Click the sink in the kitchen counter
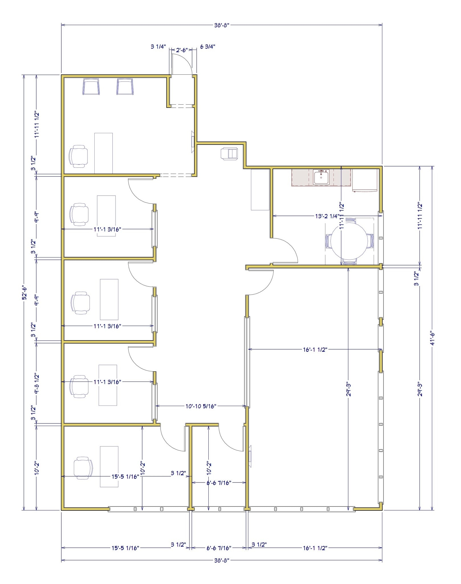321,177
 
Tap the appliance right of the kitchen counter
365,180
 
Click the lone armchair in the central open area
229,154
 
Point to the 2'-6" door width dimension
182,50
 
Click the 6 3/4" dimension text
208,47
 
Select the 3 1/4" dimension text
158,47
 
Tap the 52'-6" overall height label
25,293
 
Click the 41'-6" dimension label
432,338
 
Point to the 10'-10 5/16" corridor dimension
201,406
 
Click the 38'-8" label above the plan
222,25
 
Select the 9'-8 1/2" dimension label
36,384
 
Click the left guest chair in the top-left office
91,87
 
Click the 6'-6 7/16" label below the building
219,548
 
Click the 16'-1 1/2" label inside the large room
315,350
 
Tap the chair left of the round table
328,241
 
